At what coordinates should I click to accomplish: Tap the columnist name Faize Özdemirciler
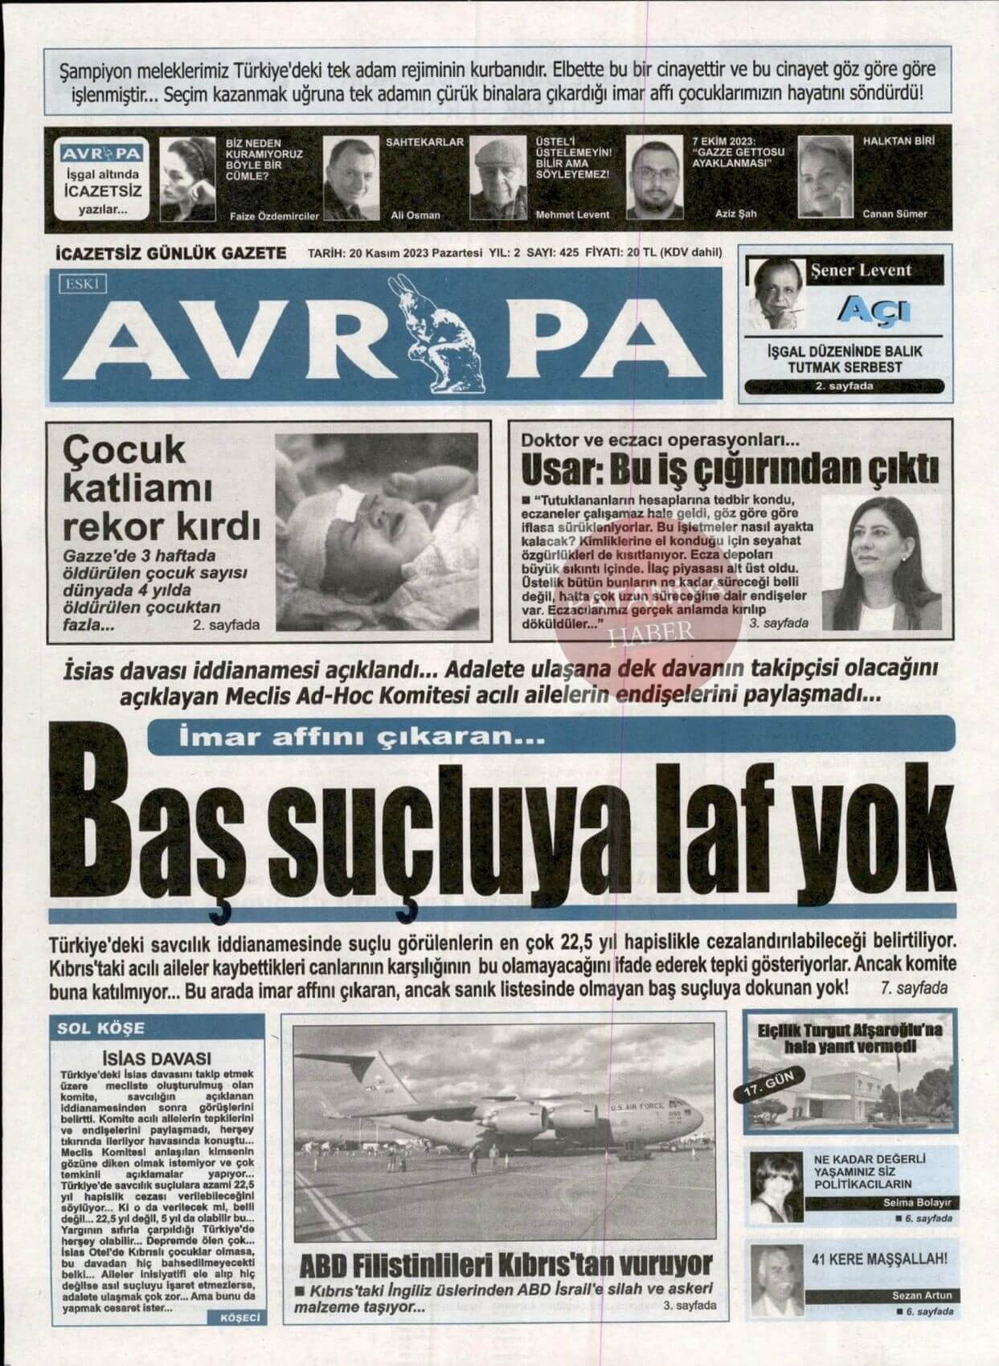click(x=274, y=216)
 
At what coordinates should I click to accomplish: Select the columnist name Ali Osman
click(x=416, y=215)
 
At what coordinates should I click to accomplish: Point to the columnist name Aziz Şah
click(x=735, y=214)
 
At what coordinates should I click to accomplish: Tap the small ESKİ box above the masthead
click(x=76, y=281)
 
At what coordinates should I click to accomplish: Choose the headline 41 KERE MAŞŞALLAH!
click(x=881, y=1259)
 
